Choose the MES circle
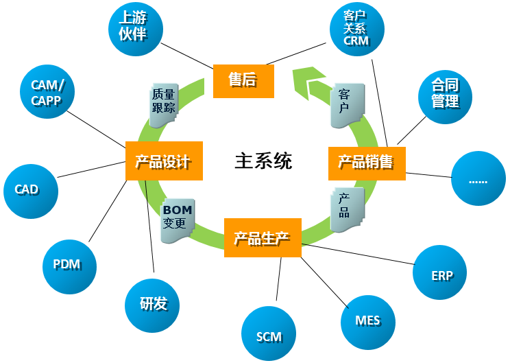coord(367,320)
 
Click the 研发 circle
coord(153,303)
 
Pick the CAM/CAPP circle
coord(47,93)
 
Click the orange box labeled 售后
coord(243,80)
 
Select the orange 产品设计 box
coord(165,161)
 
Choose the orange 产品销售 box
coord(367,162)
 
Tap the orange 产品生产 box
coord(263,238)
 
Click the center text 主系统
coord(263,161)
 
